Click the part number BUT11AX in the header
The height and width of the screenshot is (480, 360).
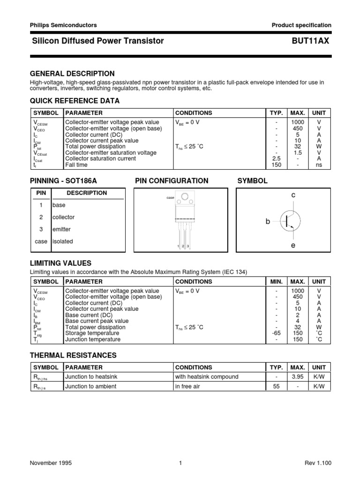click(310, 41)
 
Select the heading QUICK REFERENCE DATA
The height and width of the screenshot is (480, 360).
click(75, 101)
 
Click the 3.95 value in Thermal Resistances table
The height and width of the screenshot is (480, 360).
click(298, 376)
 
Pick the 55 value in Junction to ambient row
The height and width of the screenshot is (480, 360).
click(277, 386)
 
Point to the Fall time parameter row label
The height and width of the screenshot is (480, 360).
click(76, 165)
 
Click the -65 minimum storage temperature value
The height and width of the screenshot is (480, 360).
click(277, 333)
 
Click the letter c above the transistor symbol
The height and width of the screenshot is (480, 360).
click(293, 194)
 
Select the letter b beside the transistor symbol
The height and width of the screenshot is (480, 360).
click(268, 221)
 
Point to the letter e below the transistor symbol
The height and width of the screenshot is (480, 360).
click(293, 245)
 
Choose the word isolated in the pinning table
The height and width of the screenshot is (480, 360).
click(62, 241)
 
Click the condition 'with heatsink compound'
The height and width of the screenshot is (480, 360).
click(207, 376)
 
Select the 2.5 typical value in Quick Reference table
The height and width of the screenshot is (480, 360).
click(277, 158)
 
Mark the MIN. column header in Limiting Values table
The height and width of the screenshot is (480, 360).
click(277, 282)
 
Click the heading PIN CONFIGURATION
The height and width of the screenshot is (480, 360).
click(172, 181)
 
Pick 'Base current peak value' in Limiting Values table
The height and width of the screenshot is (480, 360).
click(97, 321)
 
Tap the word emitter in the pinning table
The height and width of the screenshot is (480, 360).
click(62, 229)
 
